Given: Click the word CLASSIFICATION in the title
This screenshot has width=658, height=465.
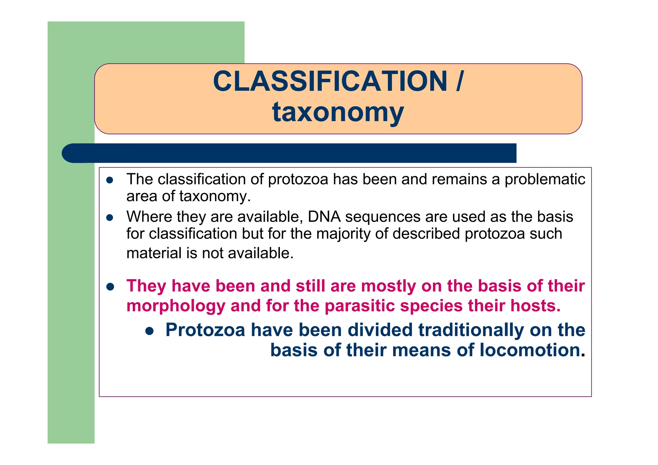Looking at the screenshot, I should [330, 81].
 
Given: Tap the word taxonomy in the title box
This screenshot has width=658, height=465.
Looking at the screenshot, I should [338, 112].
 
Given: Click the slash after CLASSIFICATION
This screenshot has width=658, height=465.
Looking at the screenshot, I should [460, 81].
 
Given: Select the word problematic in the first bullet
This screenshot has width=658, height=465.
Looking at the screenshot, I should [545, 179].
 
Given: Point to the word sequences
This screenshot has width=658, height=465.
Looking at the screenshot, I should [383, 217].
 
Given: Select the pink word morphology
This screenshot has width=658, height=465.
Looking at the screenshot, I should [175, 306].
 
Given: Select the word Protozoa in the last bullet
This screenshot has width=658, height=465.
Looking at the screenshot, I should [205, 330].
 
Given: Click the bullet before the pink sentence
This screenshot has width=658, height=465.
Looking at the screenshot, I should [110, 287].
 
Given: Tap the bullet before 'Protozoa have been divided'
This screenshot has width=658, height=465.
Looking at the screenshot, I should [149, 331].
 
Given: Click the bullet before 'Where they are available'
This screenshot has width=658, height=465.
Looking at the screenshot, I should [110, 218].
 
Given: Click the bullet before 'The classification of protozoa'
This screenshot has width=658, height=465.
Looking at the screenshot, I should [110, 180].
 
